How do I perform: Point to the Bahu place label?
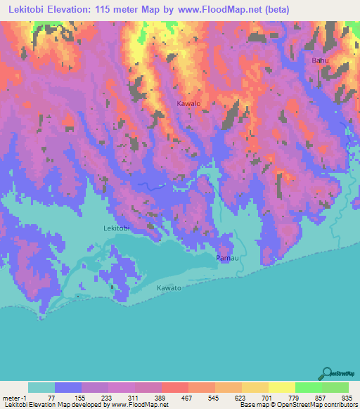pyautogui.click(x=320, y=61)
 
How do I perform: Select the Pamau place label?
pyautogui.click(x=226, y=259)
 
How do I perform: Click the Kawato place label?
pyautogui.click(x=169, y=288)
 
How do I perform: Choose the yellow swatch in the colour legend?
pyautogui.click(x=282, y=387)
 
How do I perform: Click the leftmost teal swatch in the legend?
pyautogui.click(x=41, y=387)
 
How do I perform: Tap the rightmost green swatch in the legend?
pyautogui.click(x=335, y=387)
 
